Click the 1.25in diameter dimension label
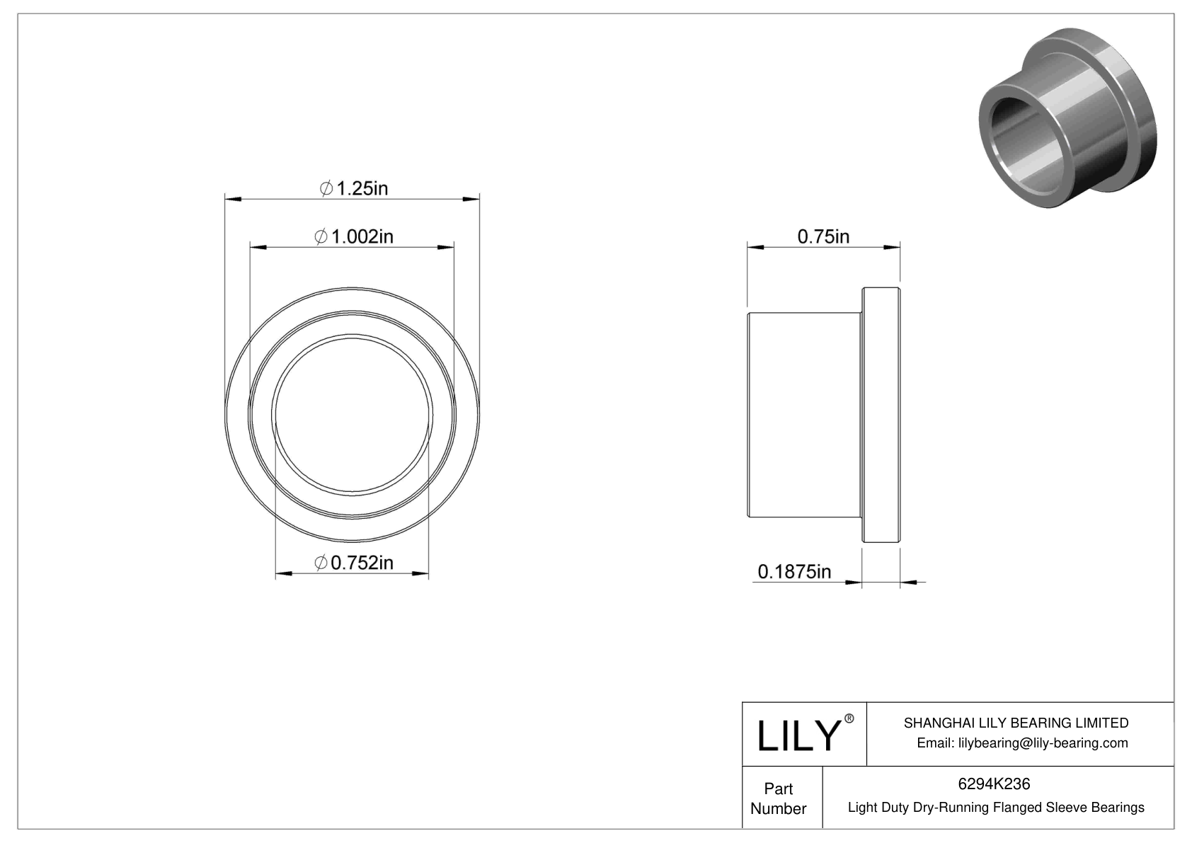pyautogui.click(x=361, y=188)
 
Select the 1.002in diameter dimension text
pyautogui.click(x=361, y=236)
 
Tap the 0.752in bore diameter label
pyautogui.click(x=361, y=563)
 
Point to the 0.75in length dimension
pyautogui.click(x=823, y=236)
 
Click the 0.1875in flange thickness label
pyautogui.click(x=794, y=571)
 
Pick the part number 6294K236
pyautogui.click(x=994, y=784)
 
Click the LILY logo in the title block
pyautogui.click(x=798, y=736)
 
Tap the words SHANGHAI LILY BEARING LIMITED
pyautogui.click(x=1016, y=723)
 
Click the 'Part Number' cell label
pyautogui.click(x=779, y=798)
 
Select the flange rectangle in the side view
pyautogui.click(x=881, y=415)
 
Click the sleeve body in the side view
pyautogui.click(x=804, y=415)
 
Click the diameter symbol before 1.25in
pyautogui.click(x=326, y=189)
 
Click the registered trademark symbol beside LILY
pyautogui.click(x=849, y=718)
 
